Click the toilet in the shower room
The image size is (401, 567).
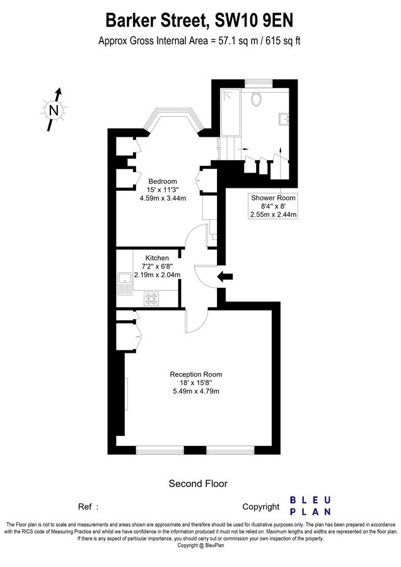click(x=256, y=98)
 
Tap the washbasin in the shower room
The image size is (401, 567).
click(x=283, y=118)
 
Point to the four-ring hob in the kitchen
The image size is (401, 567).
click(x=151, y=299)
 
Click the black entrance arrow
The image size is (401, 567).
click(x=225, y=276)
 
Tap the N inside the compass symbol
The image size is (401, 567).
click(x=54, y=111)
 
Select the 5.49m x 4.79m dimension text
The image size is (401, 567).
click(x=195, y=391)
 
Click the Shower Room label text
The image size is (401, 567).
click(x=273, y=197)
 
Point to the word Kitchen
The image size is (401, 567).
click(x=157, y=258)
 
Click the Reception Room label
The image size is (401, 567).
click(x=195, y=374)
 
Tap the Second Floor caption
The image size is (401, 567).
click(x=197, y=484)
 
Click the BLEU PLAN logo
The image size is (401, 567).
click(x=310, y=505)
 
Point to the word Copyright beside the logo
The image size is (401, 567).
click(x=260, y=507)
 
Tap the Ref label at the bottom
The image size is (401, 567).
click(x=84, y=507)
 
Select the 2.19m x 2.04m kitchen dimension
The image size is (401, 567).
click(x=157, y=275)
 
